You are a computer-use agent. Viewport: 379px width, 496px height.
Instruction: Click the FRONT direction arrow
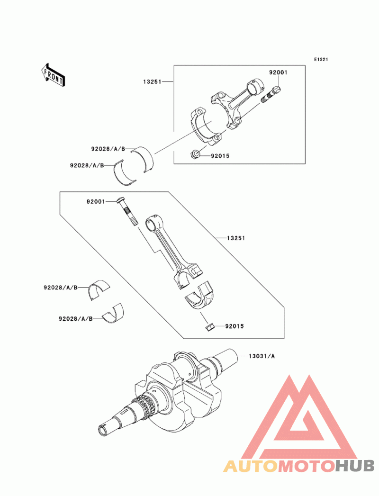tap(53, 75)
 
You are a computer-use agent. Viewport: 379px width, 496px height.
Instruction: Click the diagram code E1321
tap(321, 59)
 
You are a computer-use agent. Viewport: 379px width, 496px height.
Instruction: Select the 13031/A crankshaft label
tap(262, 356)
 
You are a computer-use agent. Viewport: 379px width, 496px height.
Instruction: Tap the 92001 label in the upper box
tap(278, 72)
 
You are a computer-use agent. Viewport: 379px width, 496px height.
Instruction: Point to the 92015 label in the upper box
tap(220, 156)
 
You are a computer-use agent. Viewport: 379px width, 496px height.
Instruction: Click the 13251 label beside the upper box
tap(152, 81)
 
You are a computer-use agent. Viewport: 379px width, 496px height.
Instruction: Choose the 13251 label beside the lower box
tap(235, 238)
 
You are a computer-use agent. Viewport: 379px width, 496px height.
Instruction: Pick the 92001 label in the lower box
tap(96, 201)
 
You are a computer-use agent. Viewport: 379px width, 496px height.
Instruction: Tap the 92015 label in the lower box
tap(235, 326)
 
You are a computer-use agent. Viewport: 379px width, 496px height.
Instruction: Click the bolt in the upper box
tap(271, 94)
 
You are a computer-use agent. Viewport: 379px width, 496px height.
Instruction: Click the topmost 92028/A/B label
tap(108, 149)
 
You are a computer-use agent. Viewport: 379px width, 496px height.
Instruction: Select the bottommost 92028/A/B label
tap(76, 319)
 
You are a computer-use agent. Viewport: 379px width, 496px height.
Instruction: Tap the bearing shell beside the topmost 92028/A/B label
tap(143, 160)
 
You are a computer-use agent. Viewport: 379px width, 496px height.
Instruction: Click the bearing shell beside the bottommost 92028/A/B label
tap(113, 314)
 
